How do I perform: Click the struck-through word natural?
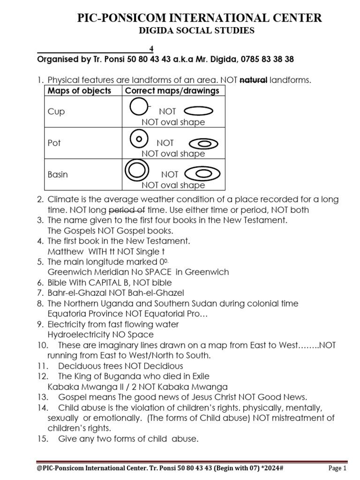click(253, 80)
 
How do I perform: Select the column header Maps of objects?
click(79, 91)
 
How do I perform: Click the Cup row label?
click(56, 112)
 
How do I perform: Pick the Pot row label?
click(54, 143)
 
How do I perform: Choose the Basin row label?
click(58, 174)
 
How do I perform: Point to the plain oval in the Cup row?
click(199, 111)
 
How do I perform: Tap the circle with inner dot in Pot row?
click(137, 139)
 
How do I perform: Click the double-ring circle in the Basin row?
click(135, 170)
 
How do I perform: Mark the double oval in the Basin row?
click(203, 174)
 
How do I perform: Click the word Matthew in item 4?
click(63, 251)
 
